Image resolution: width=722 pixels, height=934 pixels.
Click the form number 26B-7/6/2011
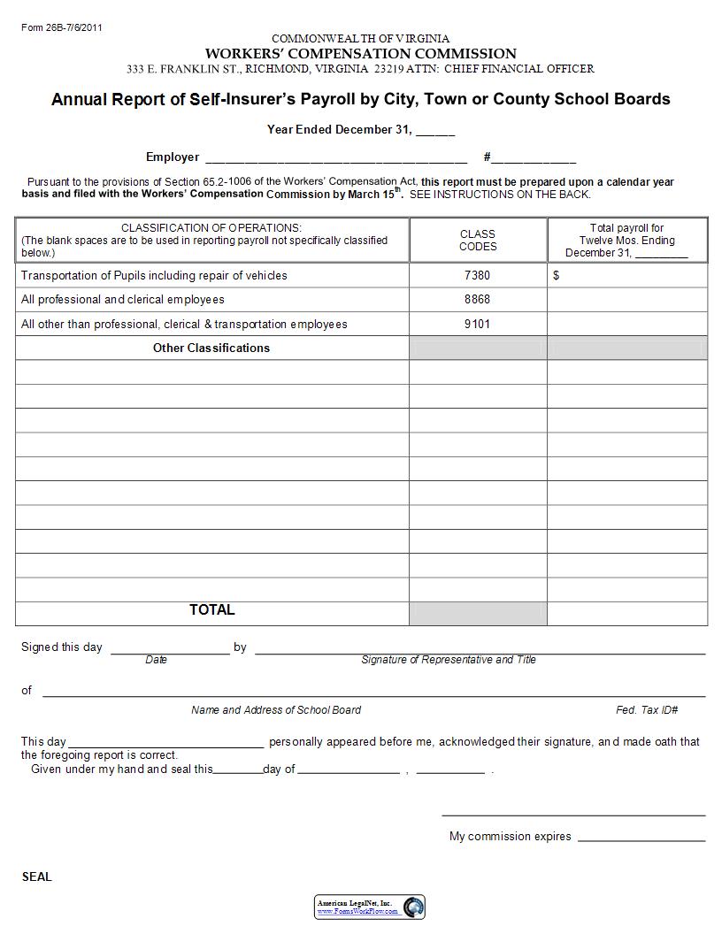(x=62, y=27)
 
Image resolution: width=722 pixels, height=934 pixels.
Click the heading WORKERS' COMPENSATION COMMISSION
(x=360, y=54)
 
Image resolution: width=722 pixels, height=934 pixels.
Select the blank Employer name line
(x=336, y=160)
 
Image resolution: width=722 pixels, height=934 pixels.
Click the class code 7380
(x=477, y=276)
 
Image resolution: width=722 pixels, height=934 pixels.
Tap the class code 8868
(x=477, y=300)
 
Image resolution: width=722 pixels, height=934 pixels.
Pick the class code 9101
(x=477, y=325)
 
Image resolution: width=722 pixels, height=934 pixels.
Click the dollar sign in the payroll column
(x=557, y=276)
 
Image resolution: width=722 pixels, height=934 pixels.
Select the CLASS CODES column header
(x=478, y=241)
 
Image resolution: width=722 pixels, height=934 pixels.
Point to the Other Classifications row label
(x=211, y=348)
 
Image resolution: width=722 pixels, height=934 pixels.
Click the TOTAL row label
(x=212, y=610)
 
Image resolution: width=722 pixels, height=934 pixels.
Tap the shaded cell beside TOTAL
(x=478, y=613)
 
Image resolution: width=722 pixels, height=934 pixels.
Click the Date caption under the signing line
(x=157, y=660)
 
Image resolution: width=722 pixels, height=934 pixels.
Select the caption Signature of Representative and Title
(x=449, y=660)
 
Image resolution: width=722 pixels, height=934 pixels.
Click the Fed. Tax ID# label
(x=647, y=710)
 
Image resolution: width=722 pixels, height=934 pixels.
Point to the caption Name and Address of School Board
(x=276, y=710)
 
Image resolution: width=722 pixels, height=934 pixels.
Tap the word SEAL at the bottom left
(x=37, y=877)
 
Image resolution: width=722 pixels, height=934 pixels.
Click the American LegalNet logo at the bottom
(x=370, y=907)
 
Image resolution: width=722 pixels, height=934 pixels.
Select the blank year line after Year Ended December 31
(x=435, y=133)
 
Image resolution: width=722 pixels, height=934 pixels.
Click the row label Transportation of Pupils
(x=154, y=276)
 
